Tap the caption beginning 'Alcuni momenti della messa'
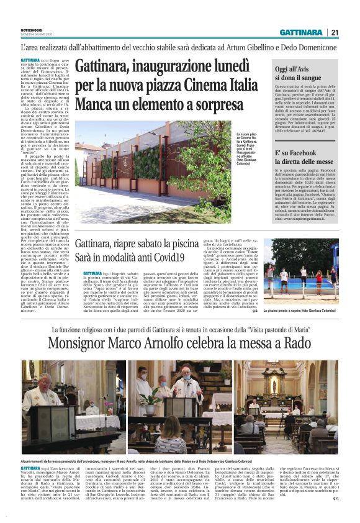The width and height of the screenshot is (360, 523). pos(149,459)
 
